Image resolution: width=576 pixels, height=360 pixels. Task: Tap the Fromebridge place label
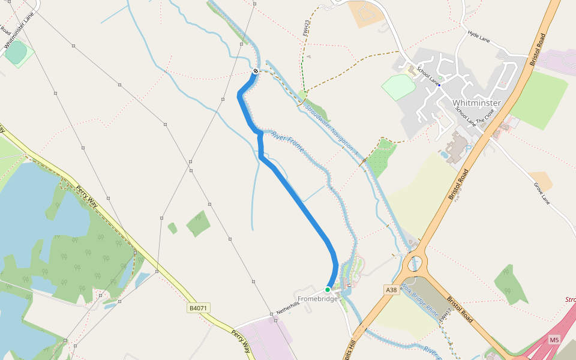click(317, 299)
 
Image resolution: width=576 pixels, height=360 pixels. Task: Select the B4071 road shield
click(198, 308)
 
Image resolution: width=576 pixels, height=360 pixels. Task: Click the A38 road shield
click(392, 290)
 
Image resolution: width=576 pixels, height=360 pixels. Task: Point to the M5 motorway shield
click(554, 340)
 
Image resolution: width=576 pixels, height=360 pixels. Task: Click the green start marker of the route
click(328, 289)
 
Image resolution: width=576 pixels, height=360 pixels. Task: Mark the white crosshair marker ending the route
click(256, 71)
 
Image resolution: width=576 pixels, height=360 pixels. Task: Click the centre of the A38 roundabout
click(415, 263)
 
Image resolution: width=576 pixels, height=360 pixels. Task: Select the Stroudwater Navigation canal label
click(331, 130)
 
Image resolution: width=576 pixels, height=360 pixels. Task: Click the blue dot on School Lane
click(439, 85)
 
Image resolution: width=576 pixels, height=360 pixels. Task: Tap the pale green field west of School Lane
click(398, 87)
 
